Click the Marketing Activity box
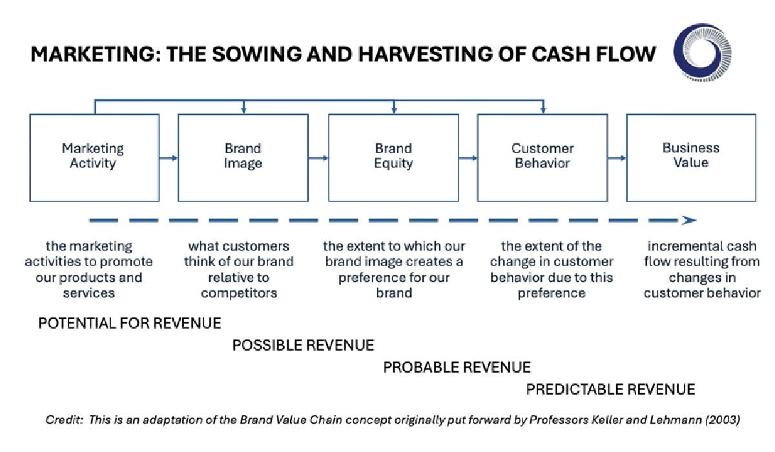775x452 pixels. tap(94, 157)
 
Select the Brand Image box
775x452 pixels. tap(243, 157)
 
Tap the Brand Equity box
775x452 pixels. tap(393, 157)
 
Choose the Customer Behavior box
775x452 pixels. tap(542, 157)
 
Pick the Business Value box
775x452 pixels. tap(690, 157)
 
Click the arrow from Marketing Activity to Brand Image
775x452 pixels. tap(169, 158)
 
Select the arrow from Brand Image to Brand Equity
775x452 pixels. tap(318, 158)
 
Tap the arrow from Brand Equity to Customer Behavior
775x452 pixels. tap(468, 158)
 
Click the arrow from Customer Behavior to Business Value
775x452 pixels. tap(617, 158)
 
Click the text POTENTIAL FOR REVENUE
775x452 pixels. tap(129, 323)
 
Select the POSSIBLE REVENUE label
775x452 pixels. tap(303, 345)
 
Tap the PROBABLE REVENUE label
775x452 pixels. tap(457, 367)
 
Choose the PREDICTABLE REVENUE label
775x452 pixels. tap(610, 389)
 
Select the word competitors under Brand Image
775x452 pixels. tap(239, 293)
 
